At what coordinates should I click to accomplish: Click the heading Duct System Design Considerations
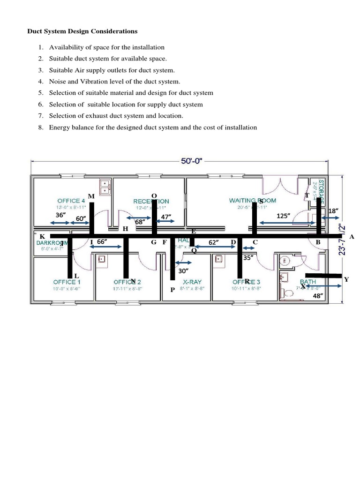81,31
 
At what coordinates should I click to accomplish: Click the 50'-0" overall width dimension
192,161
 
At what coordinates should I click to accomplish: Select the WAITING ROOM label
252,201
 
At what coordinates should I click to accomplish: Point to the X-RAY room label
193,282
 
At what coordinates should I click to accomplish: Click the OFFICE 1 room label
67,282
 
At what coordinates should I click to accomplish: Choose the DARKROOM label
52,243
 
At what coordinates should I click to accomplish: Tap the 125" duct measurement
283,216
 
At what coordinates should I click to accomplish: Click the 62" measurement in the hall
213,242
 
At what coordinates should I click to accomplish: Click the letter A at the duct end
352,237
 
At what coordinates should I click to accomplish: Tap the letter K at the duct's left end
42,236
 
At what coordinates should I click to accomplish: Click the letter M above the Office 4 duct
91,195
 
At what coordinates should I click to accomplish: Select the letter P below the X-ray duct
172,290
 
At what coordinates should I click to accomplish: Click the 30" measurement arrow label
183,271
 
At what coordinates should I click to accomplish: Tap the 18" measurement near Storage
333,211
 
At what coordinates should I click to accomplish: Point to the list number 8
41,127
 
